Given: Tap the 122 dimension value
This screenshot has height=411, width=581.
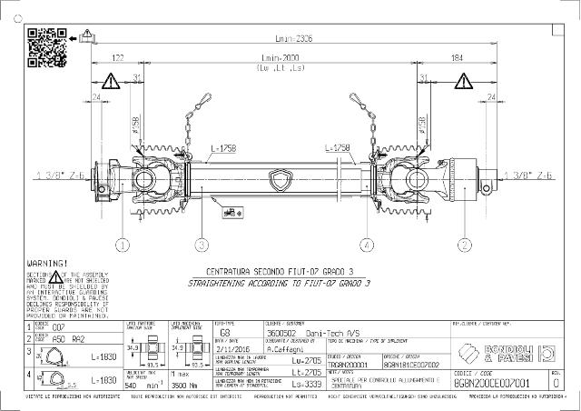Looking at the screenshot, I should tap(117, 58).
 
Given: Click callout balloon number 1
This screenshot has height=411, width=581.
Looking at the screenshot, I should tap(123, 244).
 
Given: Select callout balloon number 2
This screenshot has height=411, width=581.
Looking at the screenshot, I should tap(463, 244).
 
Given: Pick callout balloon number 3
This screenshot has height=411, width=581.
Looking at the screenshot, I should tap(202, 244).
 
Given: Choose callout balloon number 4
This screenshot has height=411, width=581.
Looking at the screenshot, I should tap(367, 244).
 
